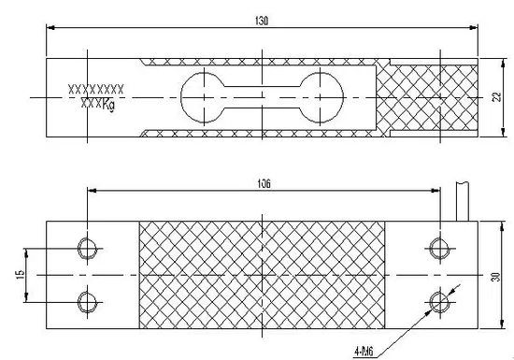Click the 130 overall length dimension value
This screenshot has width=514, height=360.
[x=262, y=21]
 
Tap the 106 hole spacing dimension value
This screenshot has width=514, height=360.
[x=264, y=183]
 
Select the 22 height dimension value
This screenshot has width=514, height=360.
[x=497, y=97]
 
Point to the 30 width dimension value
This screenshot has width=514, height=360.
[x=496, y=277]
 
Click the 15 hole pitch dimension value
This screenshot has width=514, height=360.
[x=21, y=274]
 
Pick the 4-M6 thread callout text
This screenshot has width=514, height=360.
[x=364, y=352]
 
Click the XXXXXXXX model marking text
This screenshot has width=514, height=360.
[x=95, y=89]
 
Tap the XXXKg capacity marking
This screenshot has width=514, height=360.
[x=98, y=105]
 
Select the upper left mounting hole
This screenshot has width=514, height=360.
[x=87, y=249]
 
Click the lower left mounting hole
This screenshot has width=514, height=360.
[x=87, y=302]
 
